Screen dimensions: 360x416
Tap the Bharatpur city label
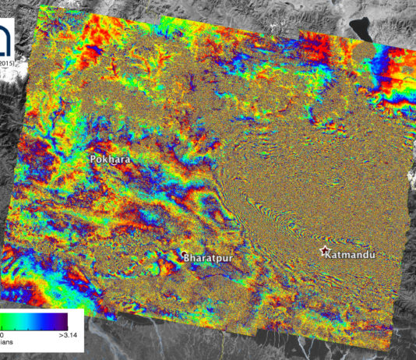coord(208,256)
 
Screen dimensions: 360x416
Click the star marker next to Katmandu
coord(326,251)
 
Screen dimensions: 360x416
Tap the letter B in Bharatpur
coord(185,256)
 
